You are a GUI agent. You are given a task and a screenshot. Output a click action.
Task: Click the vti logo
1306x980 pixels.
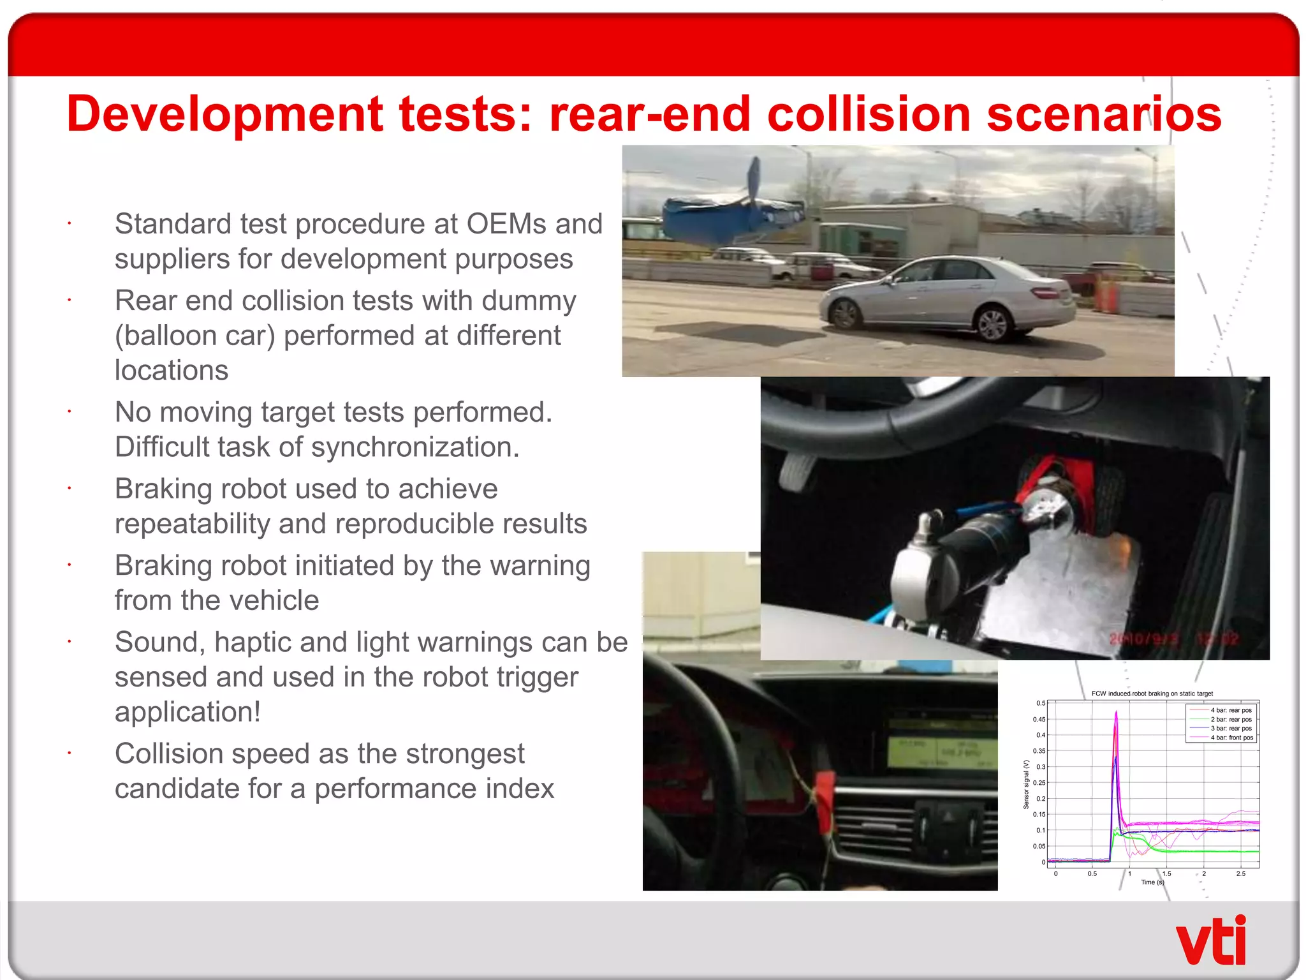[x=1210, y=940]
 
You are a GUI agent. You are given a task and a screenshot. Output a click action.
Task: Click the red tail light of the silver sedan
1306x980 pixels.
[x=1045, y=293]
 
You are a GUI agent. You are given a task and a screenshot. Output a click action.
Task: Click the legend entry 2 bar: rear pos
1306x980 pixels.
[x=1231, y=719]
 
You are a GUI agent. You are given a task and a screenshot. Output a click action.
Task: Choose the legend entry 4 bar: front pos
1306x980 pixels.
[x=1231, y=738]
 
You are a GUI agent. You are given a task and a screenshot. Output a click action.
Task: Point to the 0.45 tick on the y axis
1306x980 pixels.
[x=1039, y=719]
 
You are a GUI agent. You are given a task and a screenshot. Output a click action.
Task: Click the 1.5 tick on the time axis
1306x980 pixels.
[x=1166, y=873]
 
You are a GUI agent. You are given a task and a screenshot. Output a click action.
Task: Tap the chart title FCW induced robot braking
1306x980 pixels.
[x=1152, y=694]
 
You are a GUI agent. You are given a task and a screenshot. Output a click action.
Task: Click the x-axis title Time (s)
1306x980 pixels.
[x=1152, y=882]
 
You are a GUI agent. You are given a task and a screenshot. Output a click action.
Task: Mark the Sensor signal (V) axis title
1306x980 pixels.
[x=1026, y=784]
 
